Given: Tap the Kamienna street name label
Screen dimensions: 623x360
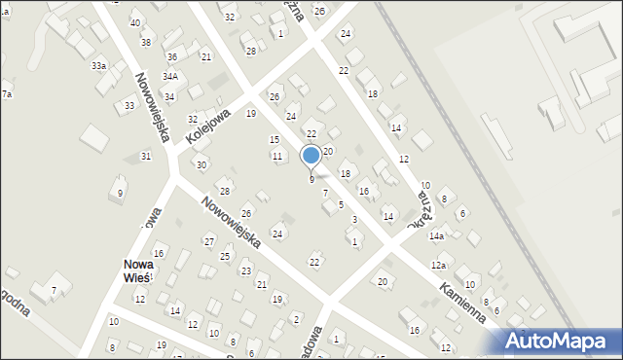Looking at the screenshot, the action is pos(461,303).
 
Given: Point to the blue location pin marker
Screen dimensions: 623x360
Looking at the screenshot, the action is pos(311,156).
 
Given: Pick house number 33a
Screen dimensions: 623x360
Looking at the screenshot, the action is pos(99,66).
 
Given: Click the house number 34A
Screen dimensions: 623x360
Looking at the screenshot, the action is pos(170,76).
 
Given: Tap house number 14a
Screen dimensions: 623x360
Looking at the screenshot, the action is pos(438,236).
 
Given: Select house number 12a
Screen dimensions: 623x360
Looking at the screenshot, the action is pos(440,266).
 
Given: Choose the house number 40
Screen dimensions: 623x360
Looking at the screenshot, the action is pos(134,22).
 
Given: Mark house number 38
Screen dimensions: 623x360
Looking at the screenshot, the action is pos(146,42).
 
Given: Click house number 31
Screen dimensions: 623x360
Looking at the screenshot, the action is pos(146,157).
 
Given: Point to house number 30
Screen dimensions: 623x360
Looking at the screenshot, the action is pos(201,165).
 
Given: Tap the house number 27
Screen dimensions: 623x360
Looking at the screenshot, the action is pos(208,241).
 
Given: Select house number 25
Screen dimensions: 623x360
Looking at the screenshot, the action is pos(226,256).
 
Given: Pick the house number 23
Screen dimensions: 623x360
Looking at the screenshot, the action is pos(246,270).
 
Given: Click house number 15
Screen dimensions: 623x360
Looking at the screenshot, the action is pos(275,140).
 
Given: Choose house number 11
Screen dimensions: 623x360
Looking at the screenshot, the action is pos(277,157).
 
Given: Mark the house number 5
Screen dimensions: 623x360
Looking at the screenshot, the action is pos(341,204).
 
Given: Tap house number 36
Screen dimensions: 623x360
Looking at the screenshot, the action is pos(171,57).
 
